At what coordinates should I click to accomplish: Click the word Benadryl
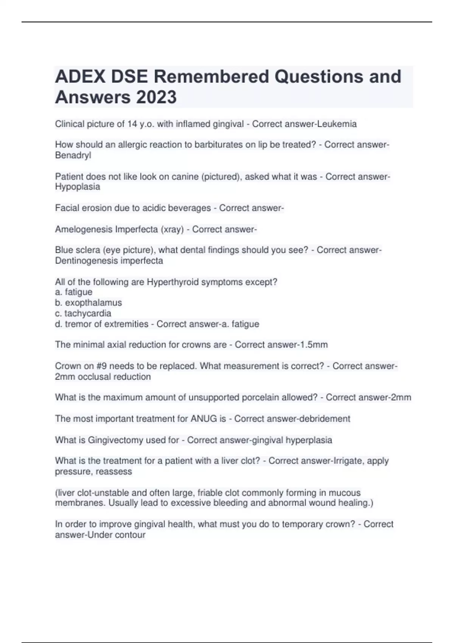coord(73,155)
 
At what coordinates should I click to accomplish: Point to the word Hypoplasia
coord(78,187)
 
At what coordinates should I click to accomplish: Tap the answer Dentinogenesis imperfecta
coord(109,261)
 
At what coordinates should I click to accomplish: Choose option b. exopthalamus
coord(89,303)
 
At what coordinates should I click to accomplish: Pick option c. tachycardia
coord(83,313)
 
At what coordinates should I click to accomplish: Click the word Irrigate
coord(348,461)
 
